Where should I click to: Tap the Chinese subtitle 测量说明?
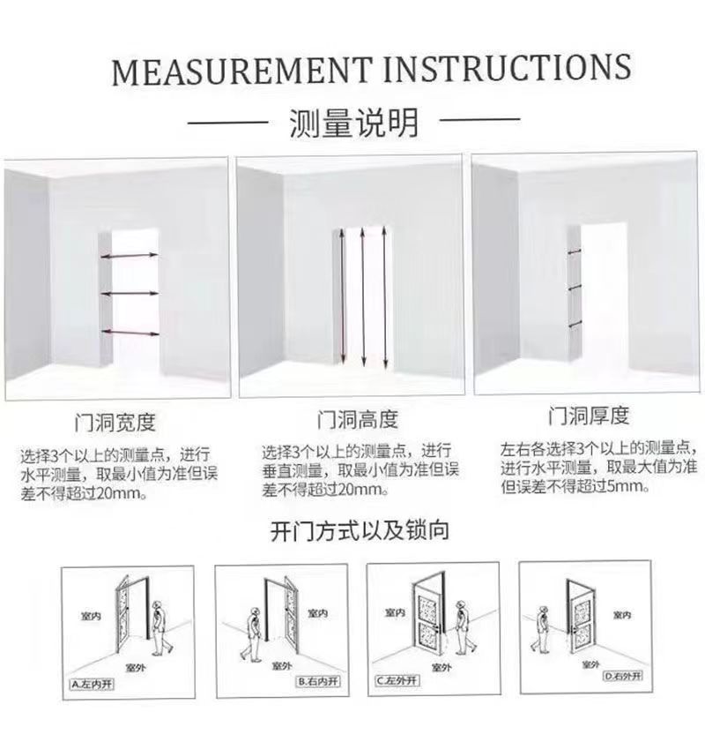353,123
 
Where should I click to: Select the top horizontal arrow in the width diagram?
130,255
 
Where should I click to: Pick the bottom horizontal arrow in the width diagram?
130,333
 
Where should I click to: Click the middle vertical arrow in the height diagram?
362,297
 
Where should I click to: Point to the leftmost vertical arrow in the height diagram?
341,297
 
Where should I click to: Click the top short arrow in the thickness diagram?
574,252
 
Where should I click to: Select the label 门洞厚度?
588,415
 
